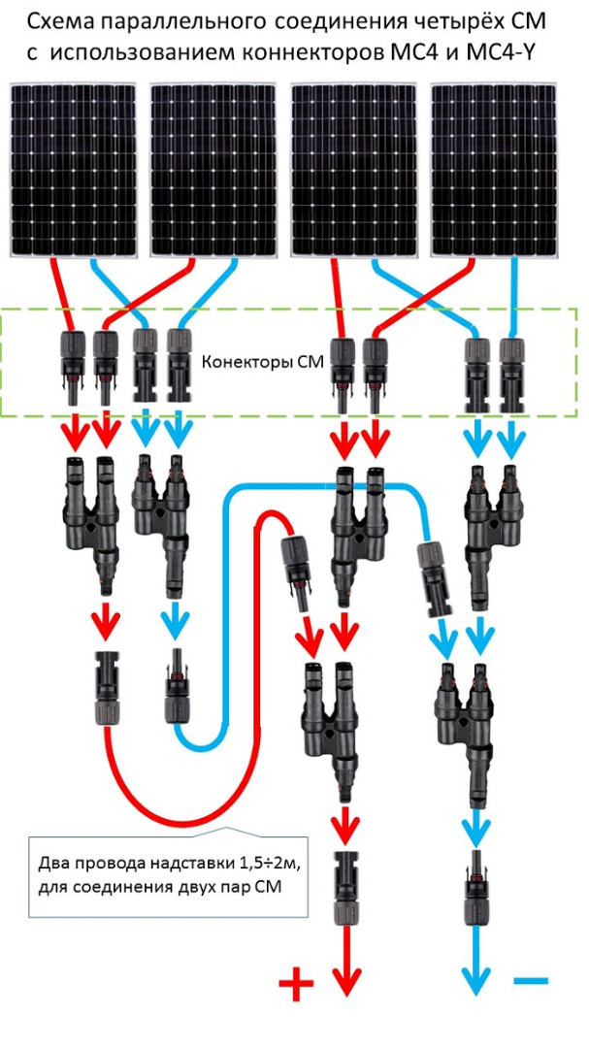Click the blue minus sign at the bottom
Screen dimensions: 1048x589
click(531, 982)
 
